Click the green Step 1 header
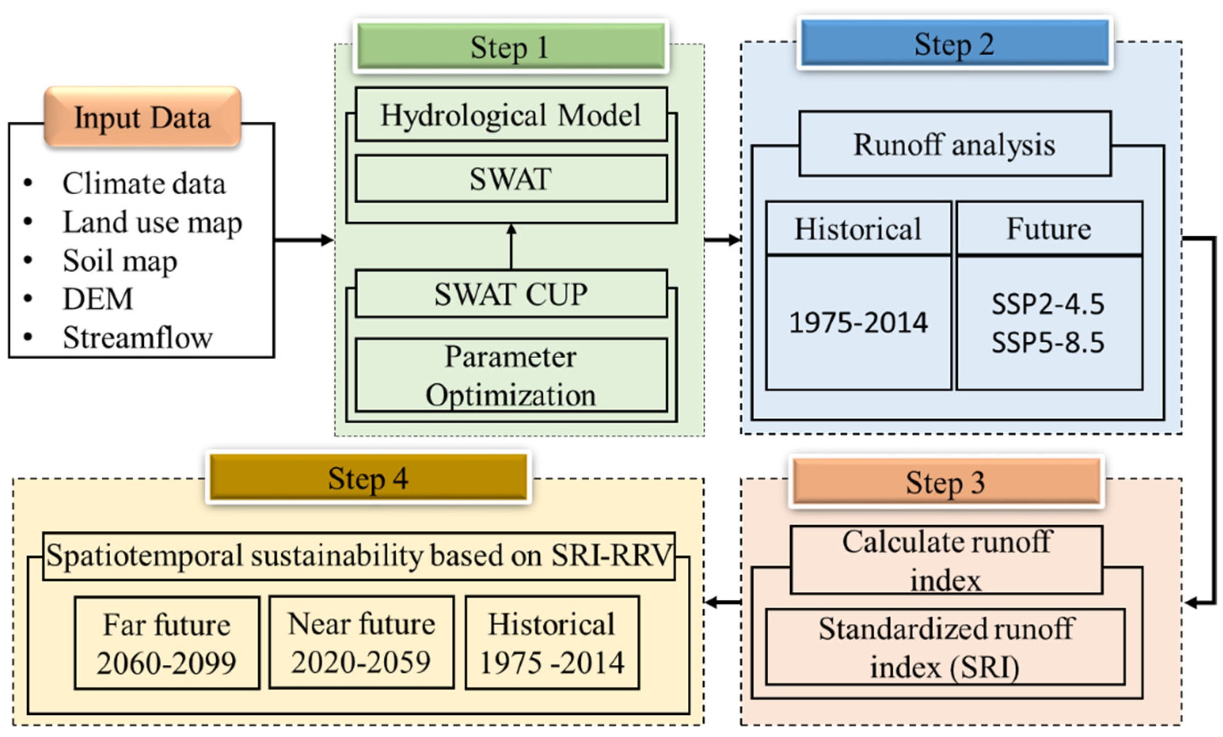tap(511, 47)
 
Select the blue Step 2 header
tap(955, 44)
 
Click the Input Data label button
tap(143, 118)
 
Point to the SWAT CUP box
tap(511, 294)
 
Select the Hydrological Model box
tap(511, 115)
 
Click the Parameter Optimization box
tap(511, 376)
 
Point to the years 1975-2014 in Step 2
tap(858, 323)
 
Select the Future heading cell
tap(1049, 229)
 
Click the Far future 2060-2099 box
tap(167, 643)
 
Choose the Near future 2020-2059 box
tap(361, 642)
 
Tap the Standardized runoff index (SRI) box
tap(945, 647)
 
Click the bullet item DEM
tap(98, 299)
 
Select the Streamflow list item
tap(137, 338)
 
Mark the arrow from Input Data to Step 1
tap(304, 240)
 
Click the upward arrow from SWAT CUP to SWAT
tap(511, 246)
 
